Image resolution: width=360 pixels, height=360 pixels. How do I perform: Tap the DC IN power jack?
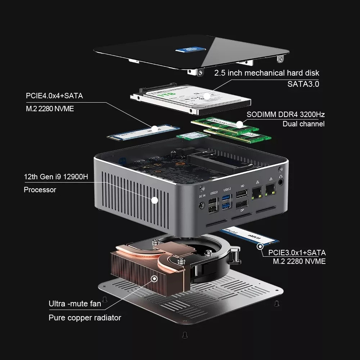(x=202, y=206)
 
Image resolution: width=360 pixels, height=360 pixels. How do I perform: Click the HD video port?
(x=242, y=195)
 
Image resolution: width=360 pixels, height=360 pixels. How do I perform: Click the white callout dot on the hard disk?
(x=207, y=96)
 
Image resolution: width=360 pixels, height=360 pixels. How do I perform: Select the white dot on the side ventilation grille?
(x=155, y=200)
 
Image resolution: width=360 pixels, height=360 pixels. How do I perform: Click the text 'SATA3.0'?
(x=303, y=84)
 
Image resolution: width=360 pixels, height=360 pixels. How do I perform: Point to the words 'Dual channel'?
(x=303, y=124)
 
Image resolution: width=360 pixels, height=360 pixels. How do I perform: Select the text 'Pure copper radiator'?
(x=85, y=318)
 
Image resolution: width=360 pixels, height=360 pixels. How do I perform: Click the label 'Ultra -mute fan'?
(x=75, y=304)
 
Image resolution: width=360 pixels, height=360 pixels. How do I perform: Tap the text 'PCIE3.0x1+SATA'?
(x=294, y=252)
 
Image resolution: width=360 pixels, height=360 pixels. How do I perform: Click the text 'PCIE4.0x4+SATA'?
(x=54, y=96)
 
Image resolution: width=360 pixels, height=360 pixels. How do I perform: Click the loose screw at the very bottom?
(x=184, y=334)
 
